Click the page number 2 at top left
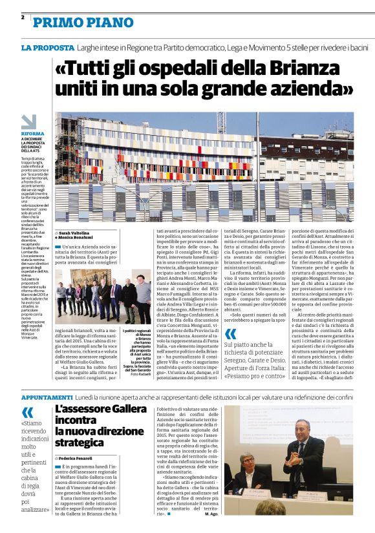[x=23, y=17]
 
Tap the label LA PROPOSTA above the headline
[x=47, y=48]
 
